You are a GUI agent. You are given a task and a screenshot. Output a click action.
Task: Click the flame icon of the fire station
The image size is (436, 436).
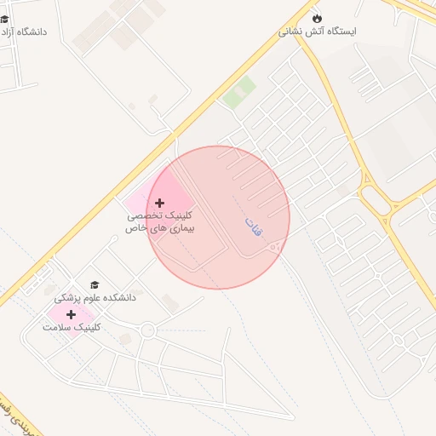[318, 17]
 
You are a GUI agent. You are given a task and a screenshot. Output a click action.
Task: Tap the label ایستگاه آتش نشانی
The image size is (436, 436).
[318, 31]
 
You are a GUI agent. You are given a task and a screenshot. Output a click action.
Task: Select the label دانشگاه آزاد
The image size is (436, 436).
[24, 32]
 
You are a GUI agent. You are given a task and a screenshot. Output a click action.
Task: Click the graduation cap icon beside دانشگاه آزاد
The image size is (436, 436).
[4, 19]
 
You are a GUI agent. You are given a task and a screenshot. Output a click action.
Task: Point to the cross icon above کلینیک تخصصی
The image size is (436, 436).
[159, 203]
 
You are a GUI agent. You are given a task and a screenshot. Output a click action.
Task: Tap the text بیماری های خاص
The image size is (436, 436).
[160, 228]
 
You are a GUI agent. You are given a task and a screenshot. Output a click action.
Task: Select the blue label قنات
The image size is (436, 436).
[253, 226]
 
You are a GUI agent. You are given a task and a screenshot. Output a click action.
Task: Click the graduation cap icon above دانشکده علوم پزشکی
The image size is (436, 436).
[95, 285]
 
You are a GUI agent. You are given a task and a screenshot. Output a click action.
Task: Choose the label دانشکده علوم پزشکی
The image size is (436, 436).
[95, 298]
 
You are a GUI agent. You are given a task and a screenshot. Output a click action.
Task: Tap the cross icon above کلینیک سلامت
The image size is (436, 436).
[71, 314]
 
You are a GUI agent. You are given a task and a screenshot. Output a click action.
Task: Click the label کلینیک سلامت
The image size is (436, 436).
[72, 327]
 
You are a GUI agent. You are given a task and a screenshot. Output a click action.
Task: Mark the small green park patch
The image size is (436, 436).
[239, 92]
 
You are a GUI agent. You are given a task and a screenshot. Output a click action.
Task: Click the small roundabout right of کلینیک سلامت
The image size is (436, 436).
[148, 330]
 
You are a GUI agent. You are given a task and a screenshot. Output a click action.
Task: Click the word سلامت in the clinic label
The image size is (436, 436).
[57, 327]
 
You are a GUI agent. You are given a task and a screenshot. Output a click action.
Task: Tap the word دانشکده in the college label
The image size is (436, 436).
[119, 298]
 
